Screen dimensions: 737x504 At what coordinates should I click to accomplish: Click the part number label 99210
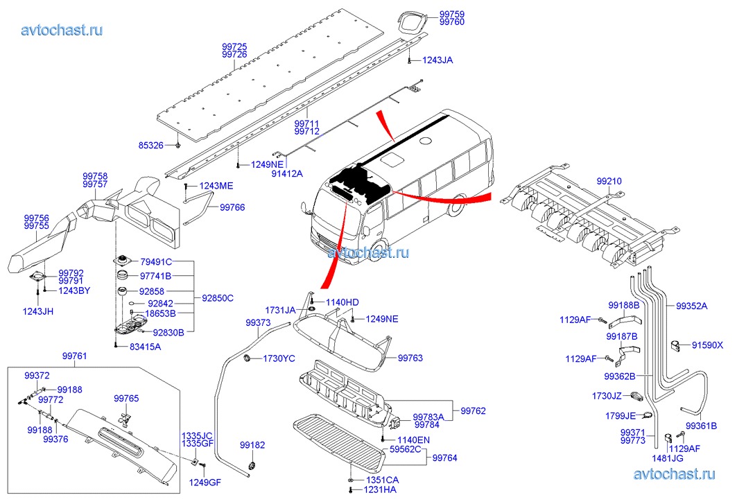point(609,181)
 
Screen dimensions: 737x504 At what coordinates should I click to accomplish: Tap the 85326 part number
point(151,146)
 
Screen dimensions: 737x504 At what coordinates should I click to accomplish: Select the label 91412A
point(287,174)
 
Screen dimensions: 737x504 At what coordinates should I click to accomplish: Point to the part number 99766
point(232,207)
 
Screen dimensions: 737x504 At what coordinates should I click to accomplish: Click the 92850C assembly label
point(218,298)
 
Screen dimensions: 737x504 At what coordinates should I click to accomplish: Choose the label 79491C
point(156,262)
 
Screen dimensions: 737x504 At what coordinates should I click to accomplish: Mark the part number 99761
point(75,356)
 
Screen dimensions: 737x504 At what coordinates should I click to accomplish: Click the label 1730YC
point(279,358)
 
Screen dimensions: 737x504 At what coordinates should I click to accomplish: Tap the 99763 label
point(410,358)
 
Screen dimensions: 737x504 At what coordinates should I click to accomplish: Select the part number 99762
point(473,411)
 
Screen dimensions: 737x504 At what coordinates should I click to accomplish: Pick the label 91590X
point(707,345)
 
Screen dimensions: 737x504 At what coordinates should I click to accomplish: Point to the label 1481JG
point(668,458)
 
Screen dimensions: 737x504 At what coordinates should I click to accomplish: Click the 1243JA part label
point(437,60)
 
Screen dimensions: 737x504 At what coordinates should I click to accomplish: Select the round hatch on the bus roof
point(426,140)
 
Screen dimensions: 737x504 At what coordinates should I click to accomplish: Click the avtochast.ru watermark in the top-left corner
point(62,30)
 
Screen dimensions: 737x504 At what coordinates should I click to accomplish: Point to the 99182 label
point(252,445)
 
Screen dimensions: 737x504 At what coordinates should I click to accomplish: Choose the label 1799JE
point(621,416)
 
